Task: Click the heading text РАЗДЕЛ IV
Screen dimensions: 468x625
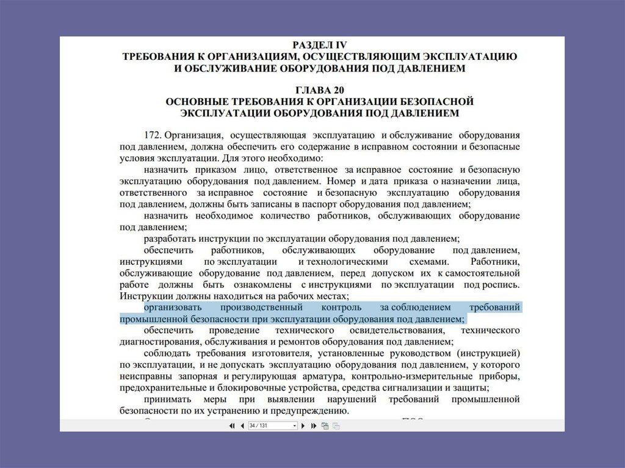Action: click(x=320, y=45)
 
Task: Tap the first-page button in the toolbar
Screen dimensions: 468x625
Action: click(x=232, y=425)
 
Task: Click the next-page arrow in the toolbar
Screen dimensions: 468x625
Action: click(x=303, y=425)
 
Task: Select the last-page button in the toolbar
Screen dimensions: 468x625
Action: click(x=313, y=425)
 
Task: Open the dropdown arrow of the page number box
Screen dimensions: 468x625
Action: click(x=295, y=425)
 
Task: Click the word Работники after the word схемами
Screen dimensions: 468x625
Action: click(x=496, y=261)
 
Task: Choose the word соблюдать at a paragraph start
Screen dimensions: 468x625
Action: click(x=167, y=353)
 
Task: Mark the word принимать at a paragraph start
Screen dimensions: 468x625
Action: click(x=168, y=399)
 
